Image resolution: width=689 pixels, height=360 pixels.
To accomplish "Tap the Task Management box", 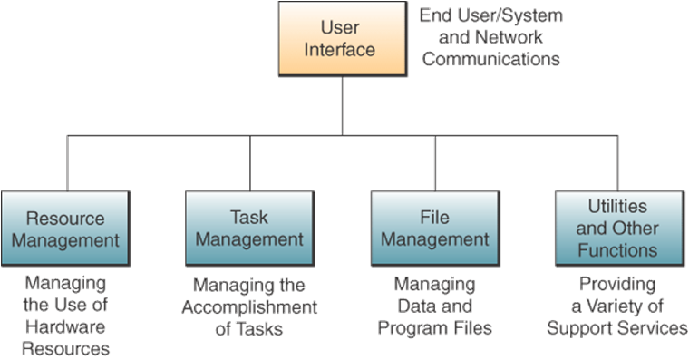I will (x=249, y=229).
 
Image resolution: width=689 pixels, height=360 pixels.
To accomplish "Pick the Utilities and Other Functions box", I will (x=616, y=229).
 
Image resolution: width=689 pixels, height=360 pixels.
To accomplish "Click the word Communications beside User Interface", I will (x=491, y=59).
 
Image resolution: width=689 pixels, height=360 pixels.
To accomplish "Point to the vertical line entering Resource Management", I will (x=67, y=163).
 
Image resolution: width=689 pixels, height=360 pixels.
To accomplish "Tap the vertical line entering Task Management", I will (x=249, y=163).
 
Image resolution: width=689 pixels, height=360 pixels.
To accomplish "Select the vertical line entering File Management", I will (x=435, y=163).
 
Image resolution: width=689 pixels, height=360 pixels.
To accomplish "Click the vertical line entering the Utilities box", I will (x=616, y=163).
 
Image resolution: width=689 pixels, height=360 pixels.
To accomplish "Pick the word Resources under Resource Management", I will (x=67, y=347).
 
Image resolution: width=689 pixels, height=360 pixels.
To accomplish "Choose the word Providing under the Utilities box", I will (x=616, y=285).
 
